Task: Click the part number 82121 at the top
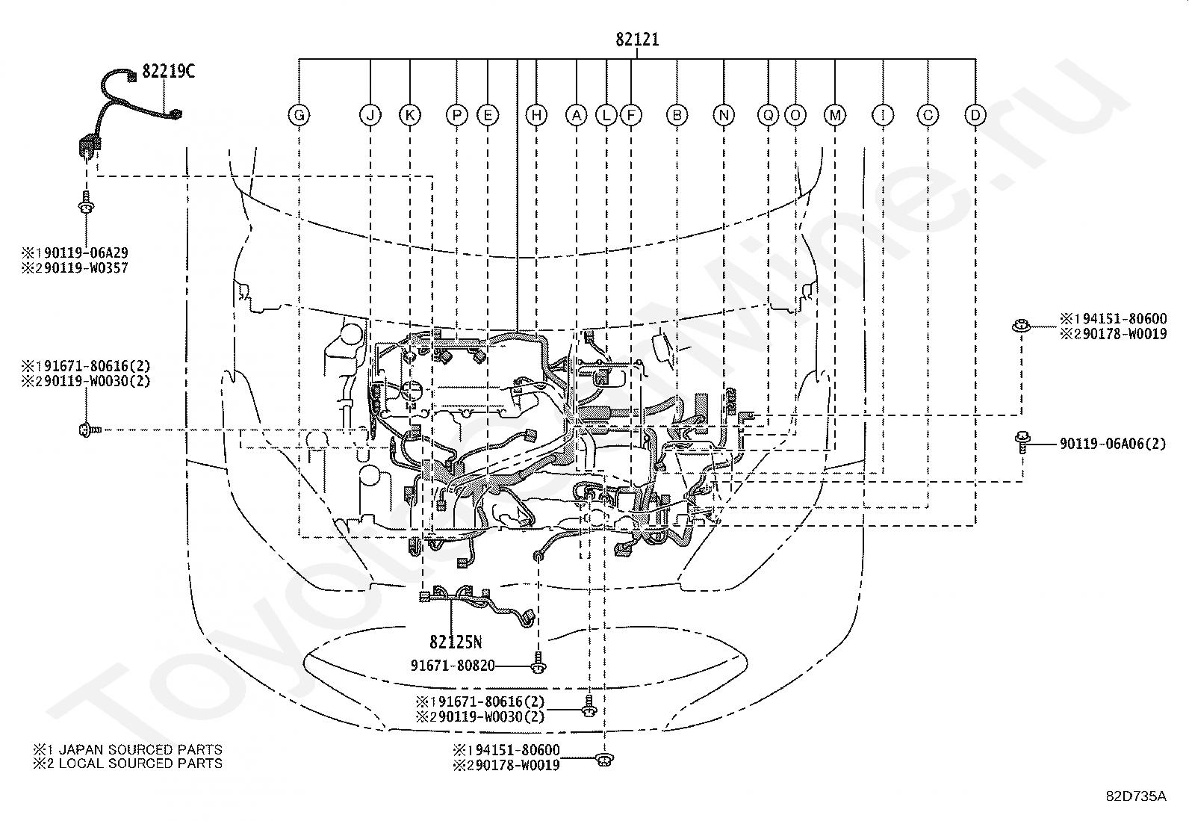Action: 637,40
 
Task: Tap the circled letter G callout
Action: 299,115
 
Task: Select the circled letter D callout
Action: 975,115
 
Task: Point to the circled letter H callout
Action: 536,115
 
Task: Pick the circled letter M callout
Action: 835,115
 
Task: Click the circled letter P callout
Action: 456,115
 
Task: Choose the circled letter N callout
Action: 724,115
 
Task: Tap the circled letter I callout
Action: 883,115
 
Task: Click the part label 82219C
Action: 168,71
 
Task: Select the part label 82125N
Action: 456,642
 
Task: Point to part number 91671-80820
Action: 453,666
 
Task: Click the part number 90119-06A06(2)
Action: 1113,444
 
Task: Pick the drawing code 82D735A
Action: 1137,796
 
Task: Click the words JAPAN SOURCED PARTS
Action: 140,749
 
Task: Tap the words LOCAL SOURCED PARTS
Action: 140,763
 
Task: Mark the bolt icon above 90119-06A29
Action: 86,203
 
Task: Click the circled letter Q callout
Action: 768,115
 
